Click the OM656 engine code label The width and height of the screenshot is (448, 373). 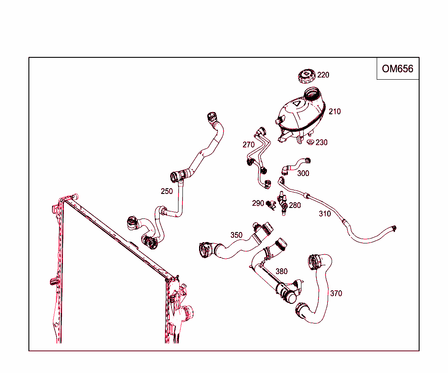point(397,69)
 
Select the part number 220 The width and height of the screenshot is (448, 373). point(323,75)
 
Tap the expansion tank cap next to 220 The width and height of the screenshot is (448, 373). point(306,76)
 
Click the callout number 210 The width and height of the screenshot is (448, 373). point(335,112)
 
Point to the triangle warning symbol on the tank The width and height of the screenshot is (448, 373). point(297,104)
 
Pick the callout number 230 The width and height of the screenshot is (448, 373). point(322,143)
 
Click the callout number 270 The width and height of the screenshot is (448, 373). point(248,145)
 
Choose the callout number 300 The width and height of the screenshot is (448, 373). point(303,173)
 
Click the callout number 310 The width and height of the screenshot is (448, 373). point(325,214)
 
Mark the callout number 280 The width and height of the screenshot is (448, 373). point(295,205)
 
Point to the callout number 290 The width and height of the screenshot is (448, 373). point(258,203)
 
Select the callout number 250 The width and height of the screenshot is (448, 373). point(167,191)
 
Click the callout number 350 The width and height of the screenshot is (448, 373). point(236,235)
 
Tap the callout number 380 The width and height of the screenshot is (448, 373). point(281,271)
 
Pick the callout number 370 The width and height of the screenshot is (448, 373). point(336,293)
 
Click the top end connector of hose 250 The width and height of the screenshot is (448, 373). point(211,117)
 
